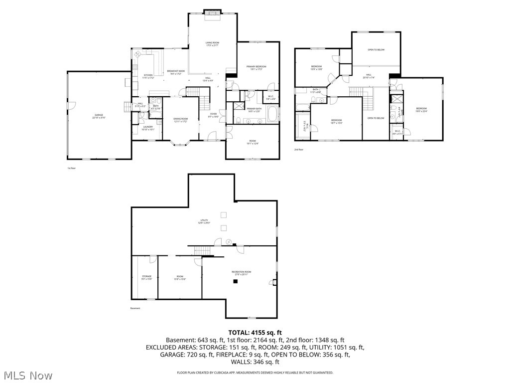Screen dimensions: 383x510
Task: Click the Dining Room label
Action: click(x=180, y=120)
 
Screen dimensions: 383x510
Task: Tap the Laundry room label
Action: click(x=148, y=128)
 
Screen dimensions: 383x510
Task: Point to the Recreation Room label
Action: click(x=241, y=273)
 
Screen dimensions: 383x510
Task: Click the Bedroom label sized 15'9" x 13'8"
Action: click(x=317, y=68)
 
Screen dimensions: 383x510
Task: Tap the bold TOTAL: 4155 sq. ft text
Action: click(x=255, y=332)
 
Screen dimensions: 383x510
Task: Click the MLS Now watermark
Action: click(x=27, y=375)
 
